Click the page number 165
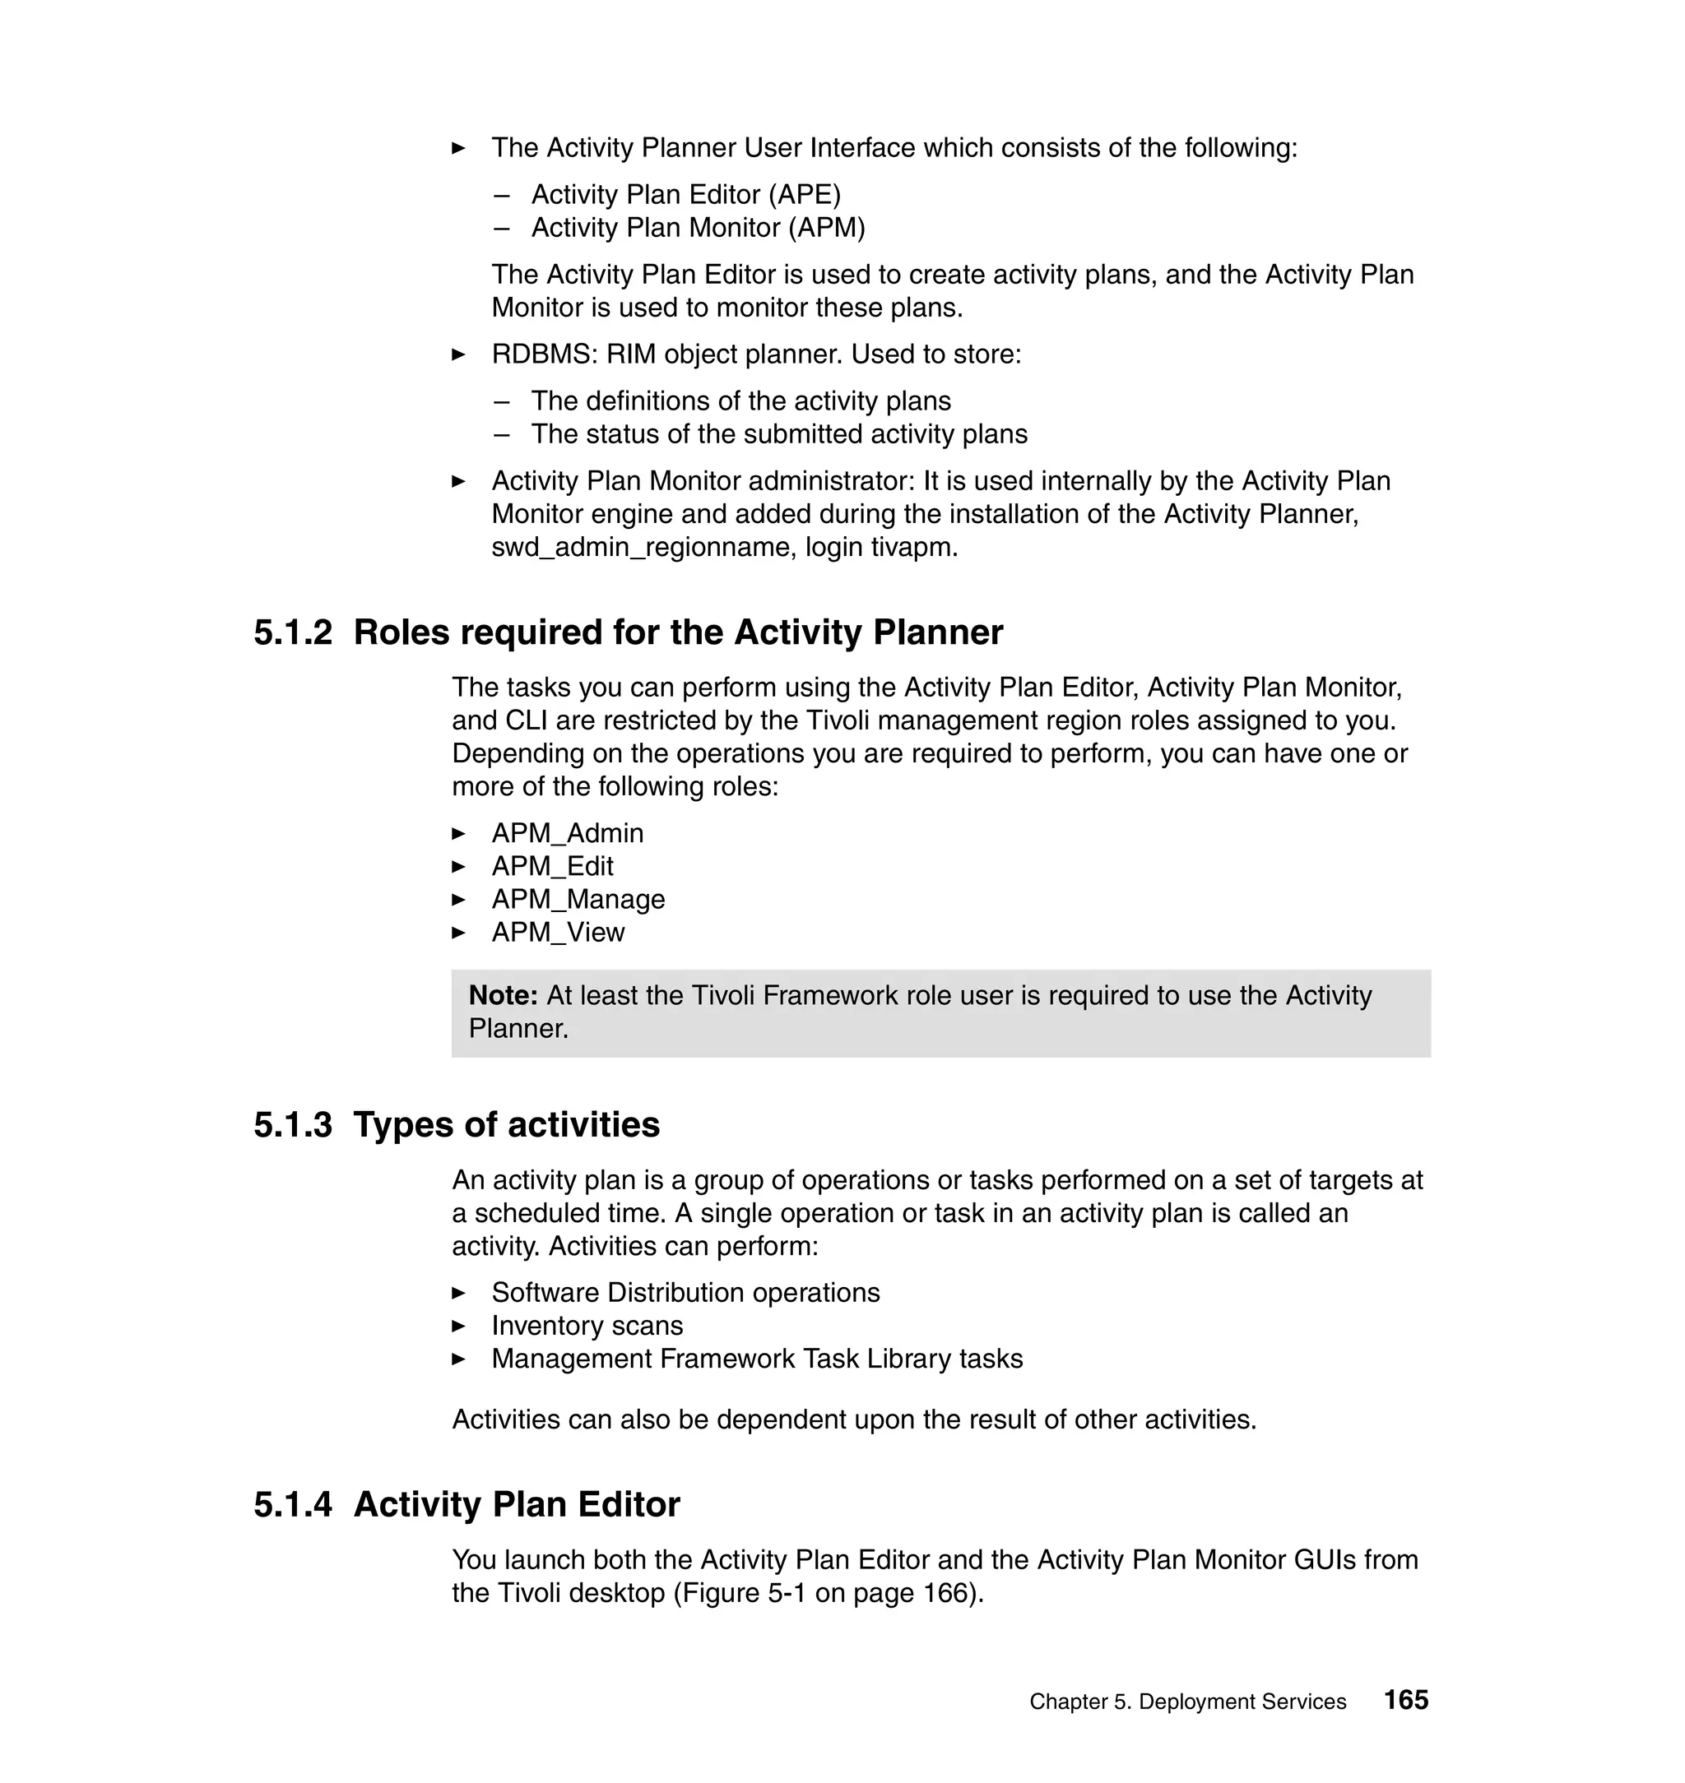1405,1699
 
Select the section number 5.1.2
292,632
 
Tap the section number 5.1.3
292,1124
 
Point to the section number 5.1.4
292,1503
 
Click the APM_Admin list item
567,833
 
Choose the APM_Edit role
551,866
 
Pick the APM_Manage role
578,900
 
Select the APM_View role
557,933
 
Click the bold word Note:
503,995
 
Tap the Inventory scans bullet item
587,1326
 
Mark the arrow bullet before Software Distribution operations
459,1294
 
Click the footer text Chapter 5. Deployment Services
1187,1702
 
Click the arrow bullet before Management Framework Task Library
459,1359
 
